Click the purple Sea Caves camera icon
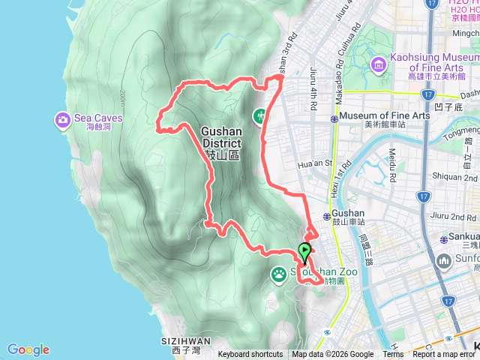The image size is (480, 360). click(x=62, y=119)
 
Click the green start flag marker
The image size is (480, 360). click(x=305, y=252)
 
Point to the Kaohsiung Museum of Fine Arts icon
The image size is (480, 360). click(x=379, y=64)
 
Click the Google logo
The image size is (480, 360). click(x=28, y=349)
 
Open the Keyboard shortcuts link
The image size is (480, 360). click(x=250, y=355)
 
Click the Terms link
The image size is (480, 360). click(x=393, y=355)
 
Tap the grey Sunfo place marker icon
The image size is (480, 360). click(x=442, y=261)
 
